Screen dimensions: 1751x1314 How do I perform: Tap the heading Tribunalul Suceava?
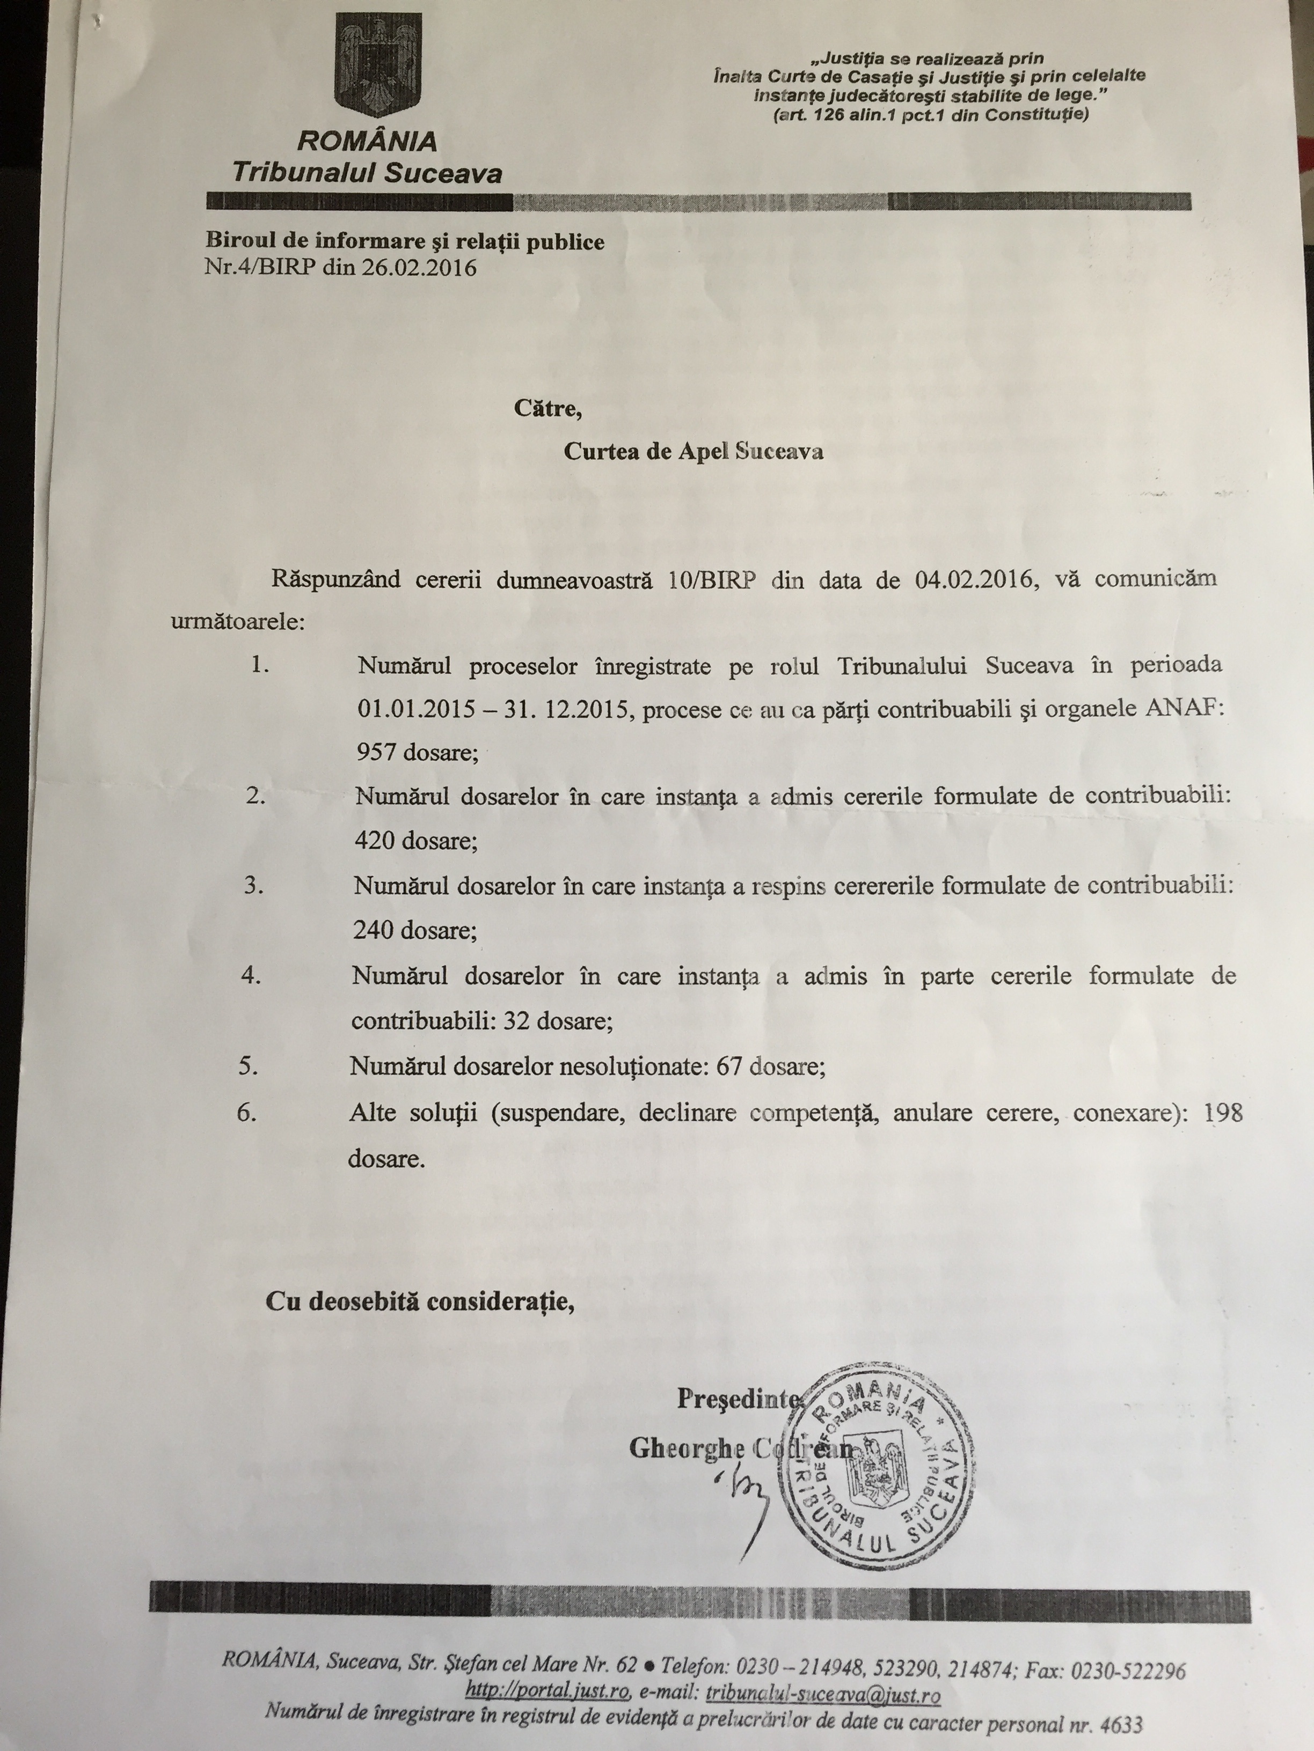(x=367, y=173)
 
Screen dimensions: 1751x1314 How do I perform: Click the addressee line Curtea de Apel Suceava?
(x=693, y=451)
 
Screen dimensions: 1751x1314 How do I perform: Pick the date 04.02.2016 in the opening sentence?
(x=975, y=579)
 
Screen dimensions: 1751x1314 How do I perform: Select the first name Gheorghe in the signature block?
(x=687, y=1448)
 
